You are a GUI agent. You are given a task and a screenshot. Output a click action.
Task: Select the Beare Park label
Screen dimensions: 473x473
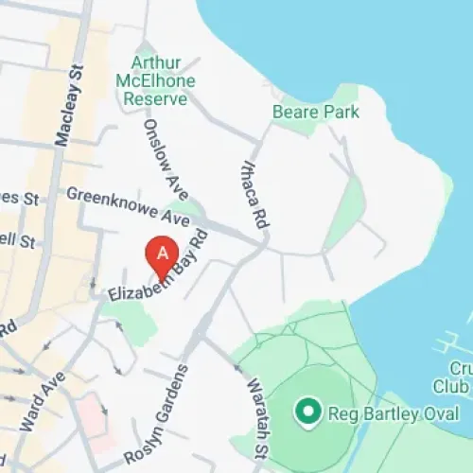click(316, 112)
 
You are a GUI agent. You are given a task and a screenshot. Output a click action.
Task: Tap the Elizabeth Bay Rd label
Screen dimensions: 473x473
click(156, 269)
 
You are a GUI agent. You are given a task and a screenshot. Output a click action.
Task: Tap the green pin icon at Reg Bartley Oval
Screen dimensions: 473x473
click(307, 412)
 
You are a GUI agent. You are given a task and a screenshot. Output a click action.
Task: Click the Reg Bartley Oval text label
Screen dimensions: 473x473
click(393, 413)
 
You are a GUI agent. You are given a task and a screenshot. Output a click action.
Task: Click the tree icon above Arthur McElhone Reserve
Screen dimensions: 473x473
click(146, 47)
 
